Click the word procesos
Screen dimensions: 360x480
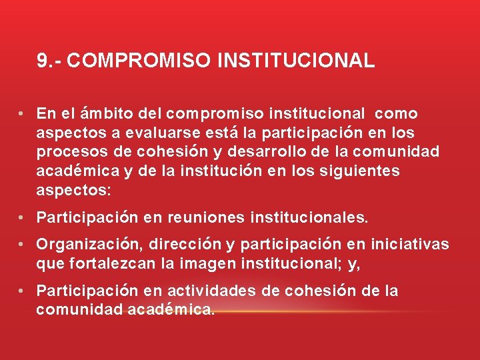(x=67, y=152)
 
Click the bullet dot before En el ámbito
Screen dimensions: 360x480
(x=22, y=114)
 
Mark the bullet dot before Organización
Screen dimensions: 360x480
(x=22, y=245)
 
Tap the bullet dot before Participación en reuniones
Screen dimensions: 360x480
(x=22, y=217)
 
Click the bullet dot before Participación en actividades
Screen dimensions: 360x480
(x=22, y=291)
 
